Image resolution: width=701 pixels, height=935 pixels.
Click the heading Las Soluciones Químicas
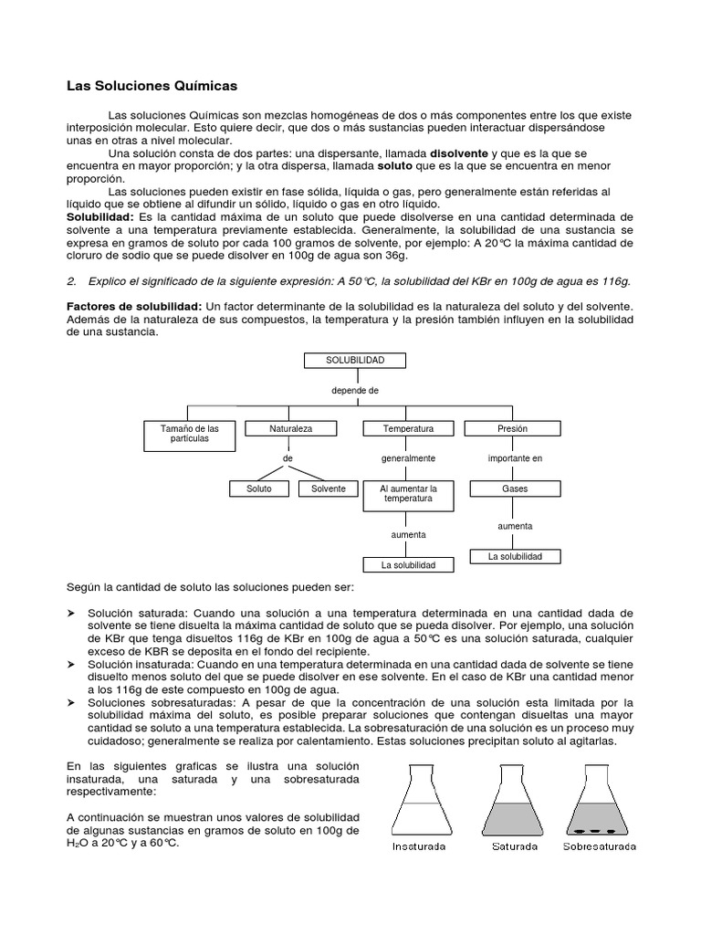tap(152, 86)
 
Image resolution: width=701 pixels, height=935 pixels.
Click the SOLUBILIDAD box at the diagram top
tap(355, 361)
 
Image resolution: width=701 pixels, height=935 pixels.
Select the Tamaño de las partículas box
tap(190, 434)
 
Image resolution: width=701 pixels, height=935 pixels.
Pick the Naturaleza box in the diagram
tap(291, 428)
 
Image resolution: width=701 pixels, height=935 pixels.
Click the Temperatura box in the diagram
tap(408, 428)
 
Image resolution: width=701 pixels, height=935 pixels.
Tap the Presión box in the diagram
tap(513, 428)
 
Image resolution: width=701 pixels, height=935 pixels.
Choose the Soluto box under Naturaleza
tap(259, 489)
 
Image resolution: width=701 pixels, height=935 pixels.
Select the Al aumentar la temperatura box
tap(408, 495)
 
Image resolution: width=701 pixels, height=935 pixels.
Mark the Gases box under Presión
tap(515, 489)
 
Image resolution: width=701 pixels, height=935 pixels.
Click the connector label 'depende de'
tap(355, 391)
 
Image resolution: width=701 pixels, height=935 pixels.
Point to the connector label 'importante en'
tap(515, 458)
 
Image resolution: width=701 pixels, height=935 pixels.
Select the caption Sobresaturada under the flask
tap(599, 846)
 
